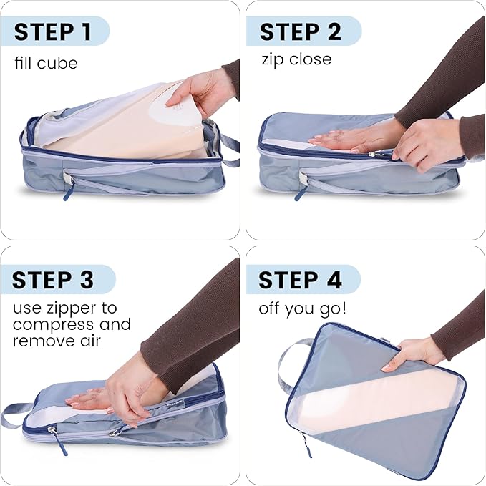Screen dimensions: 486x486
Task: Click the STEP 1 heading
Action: pos(53,32)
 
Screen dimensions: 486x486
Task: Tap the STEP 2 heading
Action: pos(301,32)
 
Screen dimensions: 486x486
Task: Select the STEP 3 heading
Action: pos(53,280)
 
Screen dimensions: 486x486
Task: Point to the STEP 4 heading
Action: pos(300,280)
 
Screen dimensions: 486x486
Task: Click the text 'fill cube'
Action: pos(46,63)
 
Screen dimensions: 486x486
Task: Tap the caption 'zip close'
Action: pos(296,59)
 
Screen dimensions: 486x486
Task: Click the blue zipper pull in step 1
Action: pos(68,192)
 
